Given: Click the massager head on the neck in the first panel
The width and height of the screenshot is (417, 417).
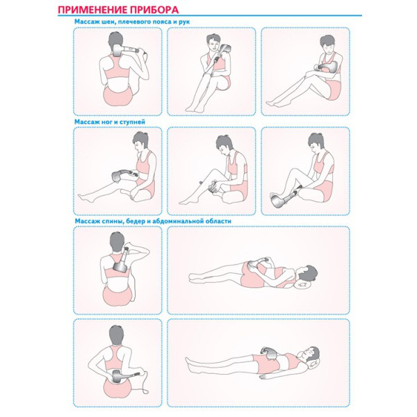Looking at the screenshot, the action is tap(117, 51).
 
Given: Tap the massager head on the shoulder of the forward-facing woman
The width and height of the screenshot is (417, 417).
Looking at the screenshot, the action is tap(224, 49).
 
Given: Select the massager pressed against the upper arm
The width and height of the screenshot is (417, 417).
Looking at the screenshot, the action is tap(328, 67).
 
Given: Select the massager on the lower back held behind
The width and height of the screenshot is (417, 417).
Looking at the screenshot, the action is tap(117, 376).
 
